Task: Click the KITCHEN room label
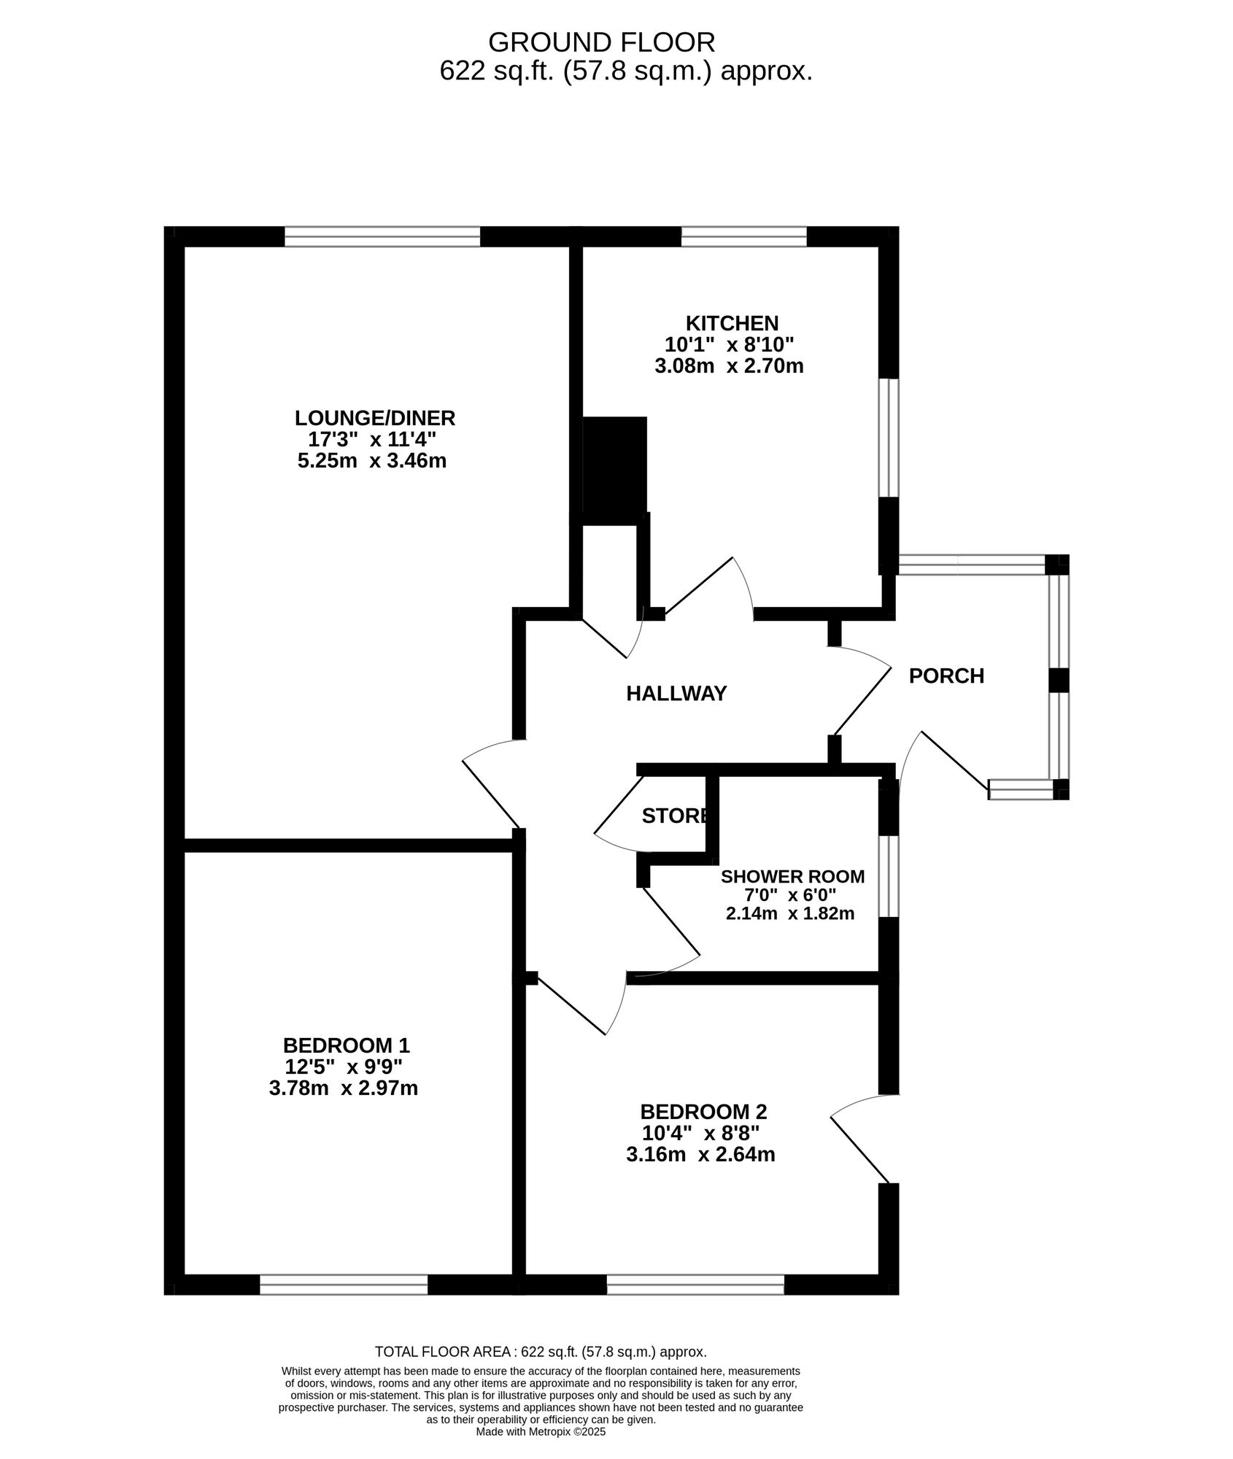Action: tap(731, 322)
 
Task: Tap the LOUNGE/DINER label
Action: tap(374, 418)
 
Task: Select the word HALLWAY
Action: tap(676, 694)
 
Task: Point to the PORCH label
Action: tap(946, 676)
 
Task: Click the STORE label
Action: tap(674, 816)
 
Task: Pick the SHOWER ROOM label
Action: tap(792, 876)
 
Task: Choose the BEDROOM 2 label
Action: tap(703, 1112)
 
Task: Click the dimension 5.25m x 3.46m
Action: tap(372, 461)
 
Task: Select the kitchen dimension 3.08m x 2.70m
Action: tap(729, 365)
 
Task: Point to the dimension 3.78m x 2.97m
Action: tap(343, 1088)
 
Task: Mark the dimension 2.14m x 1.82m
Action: tap(790, 913)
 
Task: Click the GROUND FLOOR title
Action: tap(601, 42)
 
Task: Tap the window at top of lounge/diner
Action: tap(382, 237)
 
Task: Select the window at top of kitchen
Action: tap(743, 237)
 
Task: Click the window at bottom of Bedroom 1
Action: tap(344, 1285)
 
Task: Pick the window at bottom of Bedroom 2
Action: tap(695, 1285)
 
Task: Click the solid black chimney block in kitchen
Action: tap(615, 471)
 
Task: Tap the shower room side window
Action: tap(888, 875)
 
